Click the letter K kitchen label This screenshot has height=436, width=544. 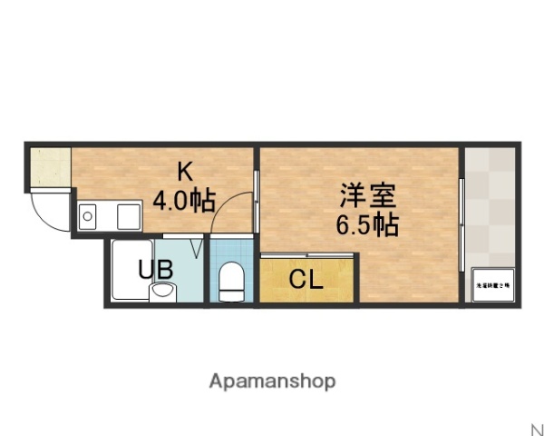185,171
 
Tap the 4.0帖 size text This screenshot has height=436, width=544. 184,200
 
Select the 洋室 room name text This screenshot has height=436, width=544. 367,194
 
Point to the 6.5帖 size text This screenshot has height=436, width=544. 367,224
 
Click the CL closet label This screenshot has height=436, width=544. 306,280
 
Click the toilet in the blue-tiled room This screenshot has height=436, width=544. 232,280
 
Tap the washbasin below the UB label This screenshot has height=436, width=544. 163,292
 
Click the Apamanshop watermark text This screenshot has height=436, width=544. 272,381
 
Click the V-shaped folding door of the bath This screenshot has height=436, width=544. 197,245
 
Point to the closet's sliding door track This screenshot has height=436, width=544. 306,258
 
